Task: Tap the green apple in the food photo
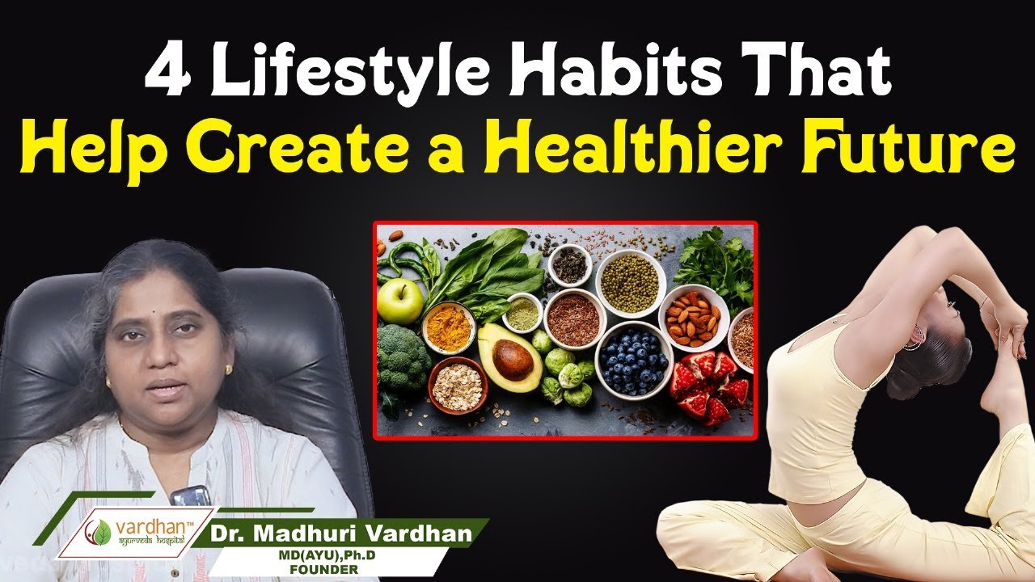tap(399, 302)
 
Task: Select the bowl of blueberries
tap(633, 361)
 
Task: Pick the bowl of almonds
tap(693, 318)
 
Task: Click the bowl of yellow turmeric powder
tap(448, 327)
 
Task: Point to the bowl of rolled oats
tap(458, 386)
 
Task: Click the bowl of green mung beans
tap(630, 283)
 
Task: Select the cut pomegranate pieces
tap(709, 387)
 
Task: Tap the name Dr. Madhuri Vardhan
tap(341, 533)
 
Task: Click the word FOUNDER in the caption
tap(324, 570)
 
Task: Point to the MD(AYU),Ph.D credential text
tap(326, 555)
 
